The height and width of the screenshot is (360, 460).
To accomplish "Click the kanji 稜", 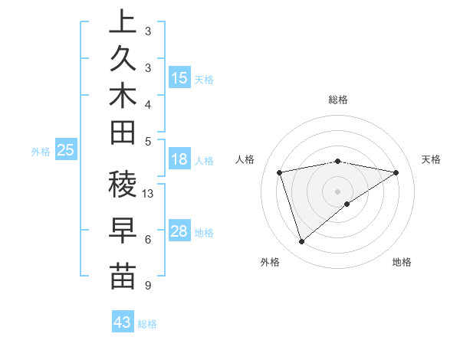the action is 123,185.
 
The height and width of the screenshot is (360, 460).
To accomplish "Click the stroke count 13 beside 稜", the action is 148,194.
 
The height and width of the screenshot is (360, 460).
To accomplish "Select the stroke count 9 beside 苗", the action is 147,286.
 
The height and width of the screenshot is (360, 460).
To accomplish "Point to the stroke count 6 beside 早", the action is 147,240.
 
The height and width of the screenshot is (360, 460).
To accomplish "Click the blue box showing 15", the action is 179,78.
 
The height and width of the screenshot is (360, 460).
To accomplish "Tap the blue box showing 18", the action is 179,159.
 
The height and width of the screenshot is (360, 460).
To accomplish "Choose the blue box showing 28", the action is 179,231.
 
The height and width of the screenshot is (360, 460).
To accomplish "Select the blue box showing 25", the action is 66,151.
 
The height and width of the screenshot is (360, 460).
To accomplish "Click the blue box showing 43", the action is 123,322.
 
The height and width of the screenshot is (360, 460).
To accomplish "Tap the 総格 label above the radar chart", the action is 338,100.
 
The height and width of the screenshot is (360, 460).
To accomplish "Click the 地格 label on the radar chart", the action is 402,262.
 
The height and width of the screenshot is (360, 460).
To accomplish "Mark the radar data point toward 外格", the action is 301,242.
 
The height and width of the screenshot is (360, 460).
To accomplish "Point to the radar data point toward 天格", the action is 396,172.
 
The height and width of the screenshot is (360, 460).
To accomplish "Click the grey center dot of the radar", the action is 338,191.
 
